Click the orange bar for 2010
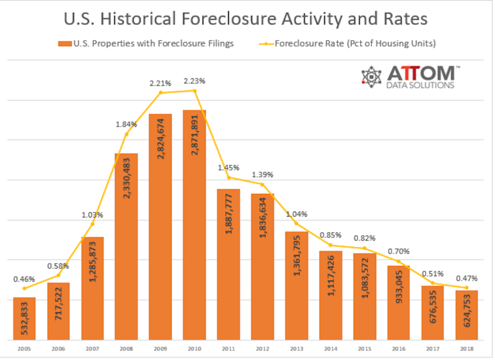click(194, 224)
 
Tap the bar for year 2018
click(467, 315)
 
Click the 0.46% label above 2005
click(24, 279)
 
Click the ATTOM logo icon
click(372, 76)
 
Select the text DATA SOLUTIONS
click(421, 85)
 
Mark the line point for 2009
click(161, 93)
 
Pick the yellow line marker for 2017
click(433, 283)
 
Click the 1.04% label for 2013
click(297, 214)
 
